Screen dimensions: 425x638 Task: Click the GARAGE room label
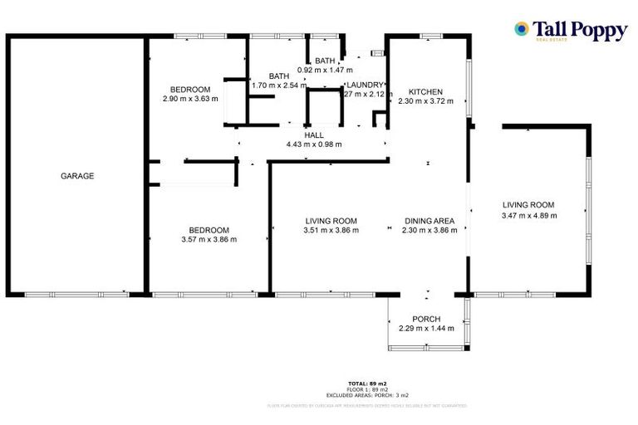point(76,176)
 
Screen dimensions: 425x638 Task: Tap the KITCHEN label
point(425,91)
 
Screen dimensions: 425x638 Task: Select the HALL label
point(314,134)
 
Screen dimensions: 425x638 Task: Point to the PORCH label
point(426,319)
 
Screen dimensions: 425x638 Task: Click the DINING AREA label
point(429,221)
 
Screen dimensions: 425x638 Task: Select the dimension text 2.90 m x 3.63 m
point(190,99)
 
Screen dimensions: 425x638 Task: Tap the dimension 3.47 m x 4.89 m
point(528,215)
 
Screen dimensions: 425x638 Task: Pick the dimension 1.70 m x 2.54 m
point(279,85)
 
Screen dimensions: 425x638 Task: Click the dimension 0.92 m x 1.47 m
point(325,70)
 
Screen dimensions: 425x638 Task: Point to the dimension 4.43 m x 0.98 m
point(314,144)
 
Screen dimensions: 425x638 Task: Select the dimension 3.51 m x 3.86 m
point(331,230)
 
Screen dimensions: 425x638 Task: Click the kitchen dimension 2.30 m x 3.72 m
point(425,100)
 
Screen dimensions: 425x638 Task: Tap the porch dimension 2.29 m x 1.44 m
point(426,329)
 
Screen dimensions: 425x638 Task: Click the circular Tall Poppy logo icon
point(521,29)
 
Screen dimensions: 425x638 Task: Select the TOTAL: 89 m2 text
point(366,383)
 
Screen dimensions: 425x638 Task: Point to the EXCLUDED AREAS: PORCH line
point(366,394)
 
